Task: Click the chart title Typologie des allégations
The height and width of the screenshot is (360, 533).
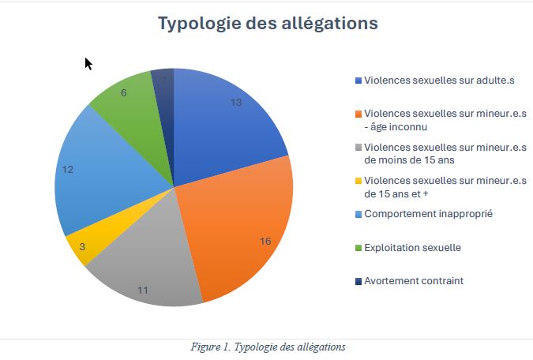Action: pos(268,23)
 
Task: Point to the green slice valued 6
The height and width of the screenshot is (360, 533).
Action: pos(130,107)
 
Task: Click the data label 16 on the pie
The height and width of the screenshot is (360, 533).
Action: pos(265,241)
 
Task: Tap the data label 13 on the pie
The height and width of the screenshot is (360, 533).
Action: pos(236,103)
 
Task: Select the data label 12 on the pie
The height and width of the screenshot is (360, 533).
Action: pos(68,170)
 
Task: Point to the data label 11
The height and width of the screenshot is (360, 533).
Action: pos(143,290)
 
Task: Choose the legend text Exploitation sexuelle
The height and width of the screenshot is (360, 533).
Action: pos(412,247)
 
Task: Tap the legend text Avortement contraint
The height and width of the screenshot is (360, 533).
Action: pos(414,280)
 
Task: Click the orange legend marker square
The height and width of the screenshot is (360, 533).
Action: pos(358,114)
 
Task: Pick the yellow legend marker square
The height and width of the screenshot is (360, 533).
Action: pos(358,181)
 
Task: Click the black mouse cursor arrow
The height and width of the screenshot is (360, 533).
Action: pos(88,63)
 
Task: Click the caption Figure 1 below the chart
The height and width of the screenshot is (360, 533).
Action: pos(268,347)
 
